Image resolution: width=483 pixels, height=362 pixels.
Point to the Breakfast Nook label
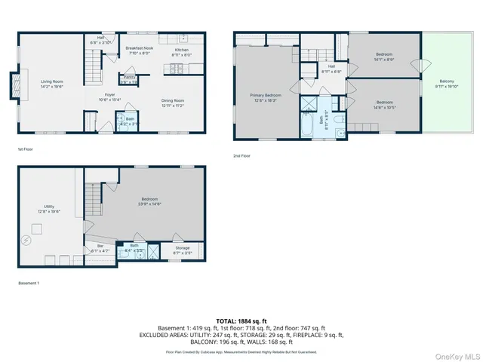[x=140, y=51]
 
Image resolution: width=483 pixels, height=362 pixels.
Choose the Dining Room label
[x=173, y=101]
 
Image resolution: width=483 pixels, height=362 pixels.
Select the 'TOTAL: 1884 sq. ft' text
[x=241, y=321]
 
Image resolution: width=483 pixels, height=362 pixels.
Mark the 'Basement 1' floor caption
[x=29, y=283]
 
